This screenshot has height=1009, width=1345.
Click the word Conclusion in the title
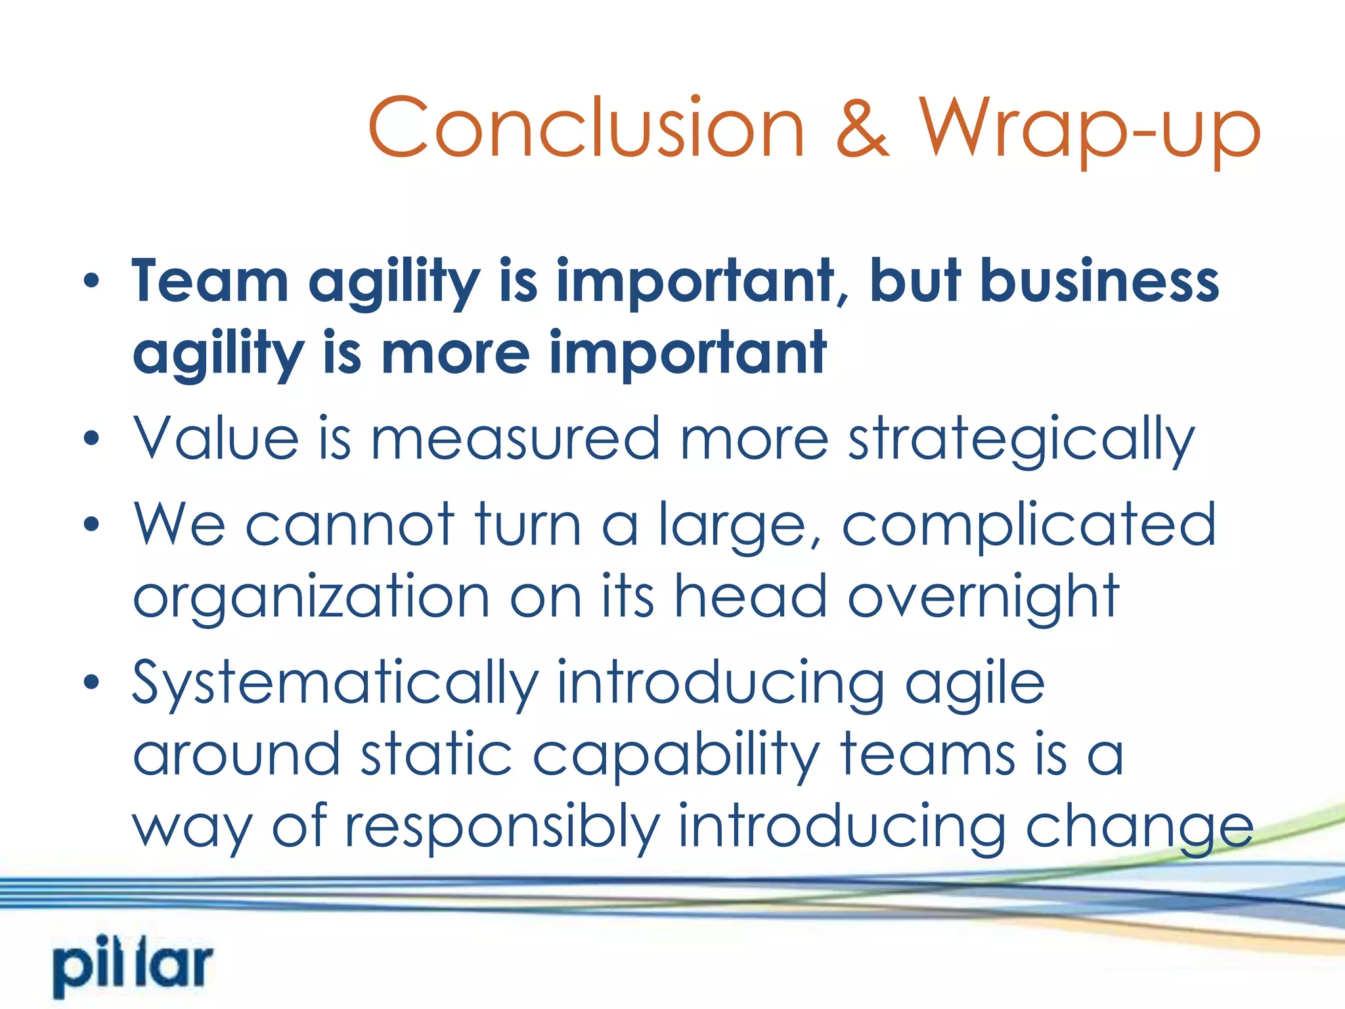coord(586,127)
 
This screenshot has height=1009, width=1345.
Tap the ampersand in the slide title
coord(862,127)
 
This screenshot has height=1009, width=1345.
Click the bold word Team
coord(210,281)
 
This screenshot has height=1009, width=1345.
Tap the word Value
coord(216,438)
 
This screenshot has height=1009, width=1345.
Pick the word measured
coord(516,438)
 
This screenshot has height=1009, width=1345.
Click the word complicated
coord(1029,526)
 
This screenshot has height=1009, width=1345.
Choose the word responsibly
coord(502,828)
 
